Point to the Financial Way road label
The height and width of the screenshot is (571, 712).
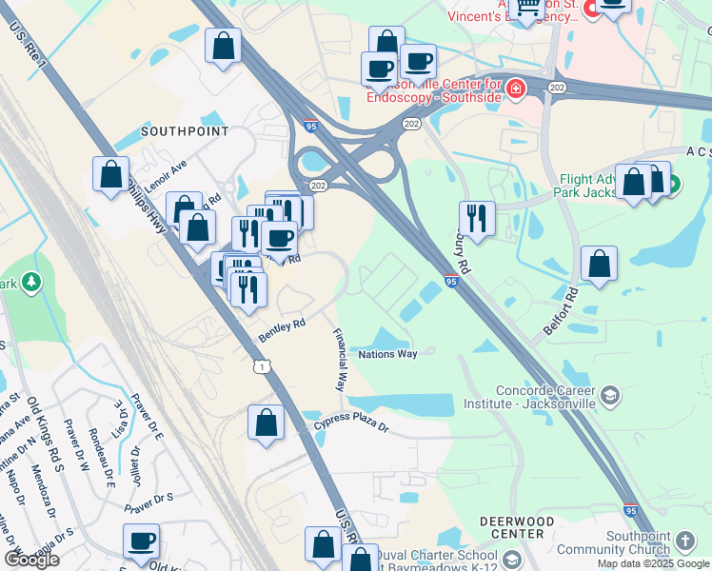339,361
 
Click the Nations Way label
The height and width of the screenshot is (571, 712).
387,354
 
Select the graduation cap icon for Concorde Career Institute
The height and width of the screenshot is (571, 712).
610,395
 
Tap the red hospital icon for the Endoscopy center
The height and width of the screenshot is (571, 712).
515,89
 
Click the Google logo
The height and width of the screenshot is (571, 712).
31,560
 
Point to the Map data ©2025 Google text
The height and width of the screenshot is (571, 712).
653,563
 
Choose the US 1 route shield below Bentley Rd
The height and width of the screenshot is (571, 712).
261,366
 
